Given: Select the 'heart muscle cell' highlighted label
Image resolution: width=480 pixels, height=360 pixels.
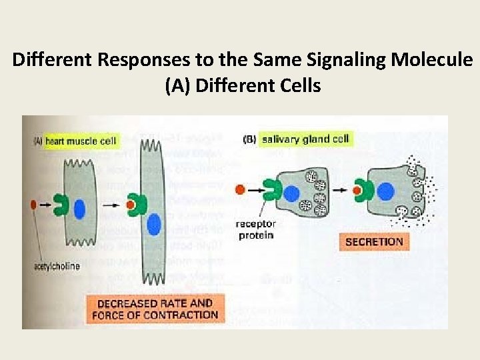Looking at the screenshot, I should (81, 141).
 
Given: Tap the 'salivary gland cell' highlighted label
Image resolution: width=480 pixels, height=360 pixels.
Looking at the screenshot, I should (305, 139).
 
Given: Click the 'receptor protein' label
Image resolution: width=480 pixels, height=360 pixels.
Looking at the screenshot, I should (255, 229).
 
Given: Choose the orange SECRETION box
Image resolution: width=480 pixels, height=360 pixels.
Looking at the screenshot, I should (374, 242).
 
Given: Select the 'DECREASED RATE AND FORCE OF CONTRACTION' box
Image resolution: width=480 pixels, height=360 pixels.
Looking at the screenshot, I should (155, 309).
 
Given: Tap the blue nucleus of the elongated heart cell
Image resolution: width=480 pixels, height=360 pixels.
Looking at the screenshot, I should (155, 223).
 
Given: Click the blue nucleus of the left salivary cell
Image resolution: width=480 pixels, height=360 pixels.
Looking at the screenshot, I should (291, 194).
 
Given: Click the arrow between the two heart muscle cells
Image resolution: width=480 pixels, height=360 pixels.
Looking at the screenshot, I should (110, 203).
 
